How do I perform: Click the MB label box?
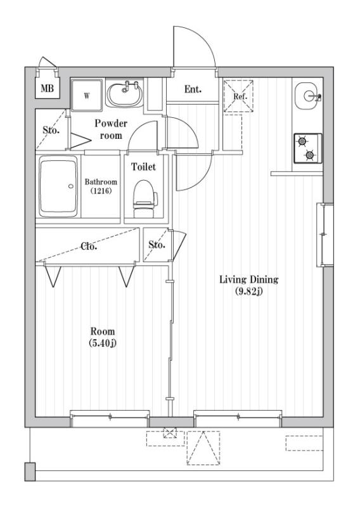tap(48, 89)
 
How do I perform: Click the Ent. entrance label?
tap(193, 89)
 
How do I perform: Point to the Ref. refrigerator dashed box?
tap(240, 96)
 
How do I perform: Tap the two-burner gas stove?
tap(307, 148)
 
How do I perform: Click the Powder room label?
tap(111, 129)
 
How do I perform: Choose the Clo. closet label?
tap(89, 246)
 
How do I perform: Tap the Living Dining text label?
tap(249, 279)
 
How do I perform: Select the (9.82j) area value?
tap(249, 291)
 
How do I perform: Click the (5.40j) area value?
tap(102, 343)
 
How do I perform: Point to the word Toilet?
tap(143, 167)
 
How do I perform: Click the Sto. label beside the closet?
tap(157, 245)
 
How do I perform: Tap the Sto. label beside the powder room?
tap(51, 130)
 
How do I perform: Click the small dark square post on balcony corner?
tap(30, 472)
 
